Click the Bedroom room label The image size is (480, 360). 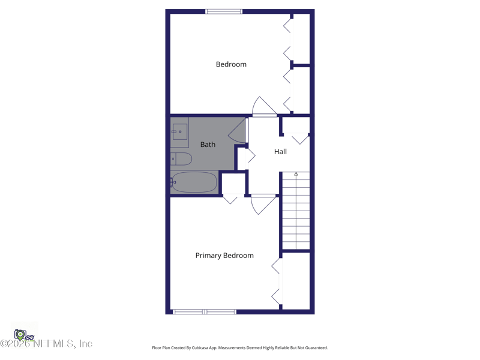(231, 64)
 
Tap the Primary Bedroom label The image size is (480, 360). (224, 256)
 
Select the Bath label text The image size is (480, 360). (208, 145)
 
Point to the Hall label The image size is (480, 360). (280, 152)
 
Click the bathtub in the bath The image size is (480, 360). (194, 182)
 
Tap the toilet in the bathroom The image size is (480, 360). (182, 159)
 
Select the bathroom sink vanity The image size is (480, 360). (179, 132)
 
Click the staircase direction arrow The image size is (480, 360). (296, 175)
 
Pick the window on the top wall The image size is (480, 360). (224, 11)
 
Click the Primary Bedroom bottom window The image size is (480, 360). (205, 312)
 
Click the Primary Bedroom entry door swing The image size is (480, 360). (262, 204)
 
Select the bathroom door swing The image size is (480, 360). (238, 131)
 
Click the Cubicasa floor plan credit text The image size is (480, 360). (240, 348)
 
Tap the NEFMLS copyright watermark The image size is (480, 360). (47, 344)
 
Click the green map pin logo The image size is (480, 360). (20, 335)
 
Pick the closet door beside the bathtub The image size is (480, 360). (230, 199)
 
